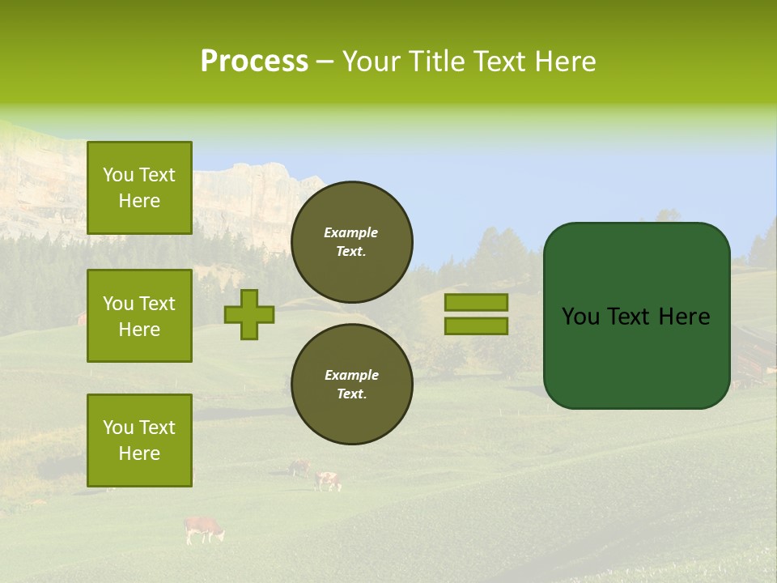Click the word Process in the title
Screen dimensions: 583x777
pyautogui.click(x=254, y=62)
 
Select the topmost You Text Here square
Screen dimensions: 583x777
pyautogui.click(x=139, y=188)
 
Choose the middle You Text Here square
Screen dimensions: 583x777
pyautogui.click(x=139, y=316)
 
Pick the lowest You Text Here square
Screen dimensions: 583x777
pyautogui.click(x=139, y=440)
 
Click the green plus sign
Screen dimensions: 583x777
pyautogui.click(x=249, y=314)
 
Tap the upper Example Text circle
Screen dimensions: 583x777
pyautogui.click(x=351, y=241)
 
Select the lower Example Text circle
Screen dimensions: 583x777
pyautogui.click(x=351, y=384)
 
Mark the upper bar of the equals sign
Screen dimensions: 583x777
pyautogui.click(x=476, y=303)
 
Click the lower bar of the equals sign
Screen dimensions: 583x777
pyautogui.click(x=476, y=326)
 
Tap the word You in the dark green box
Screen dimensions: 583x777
pyautogui.click(x=581, y=317)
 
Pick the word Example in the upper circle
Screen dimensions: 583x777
pyautogui.click(x=351, y=232)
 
